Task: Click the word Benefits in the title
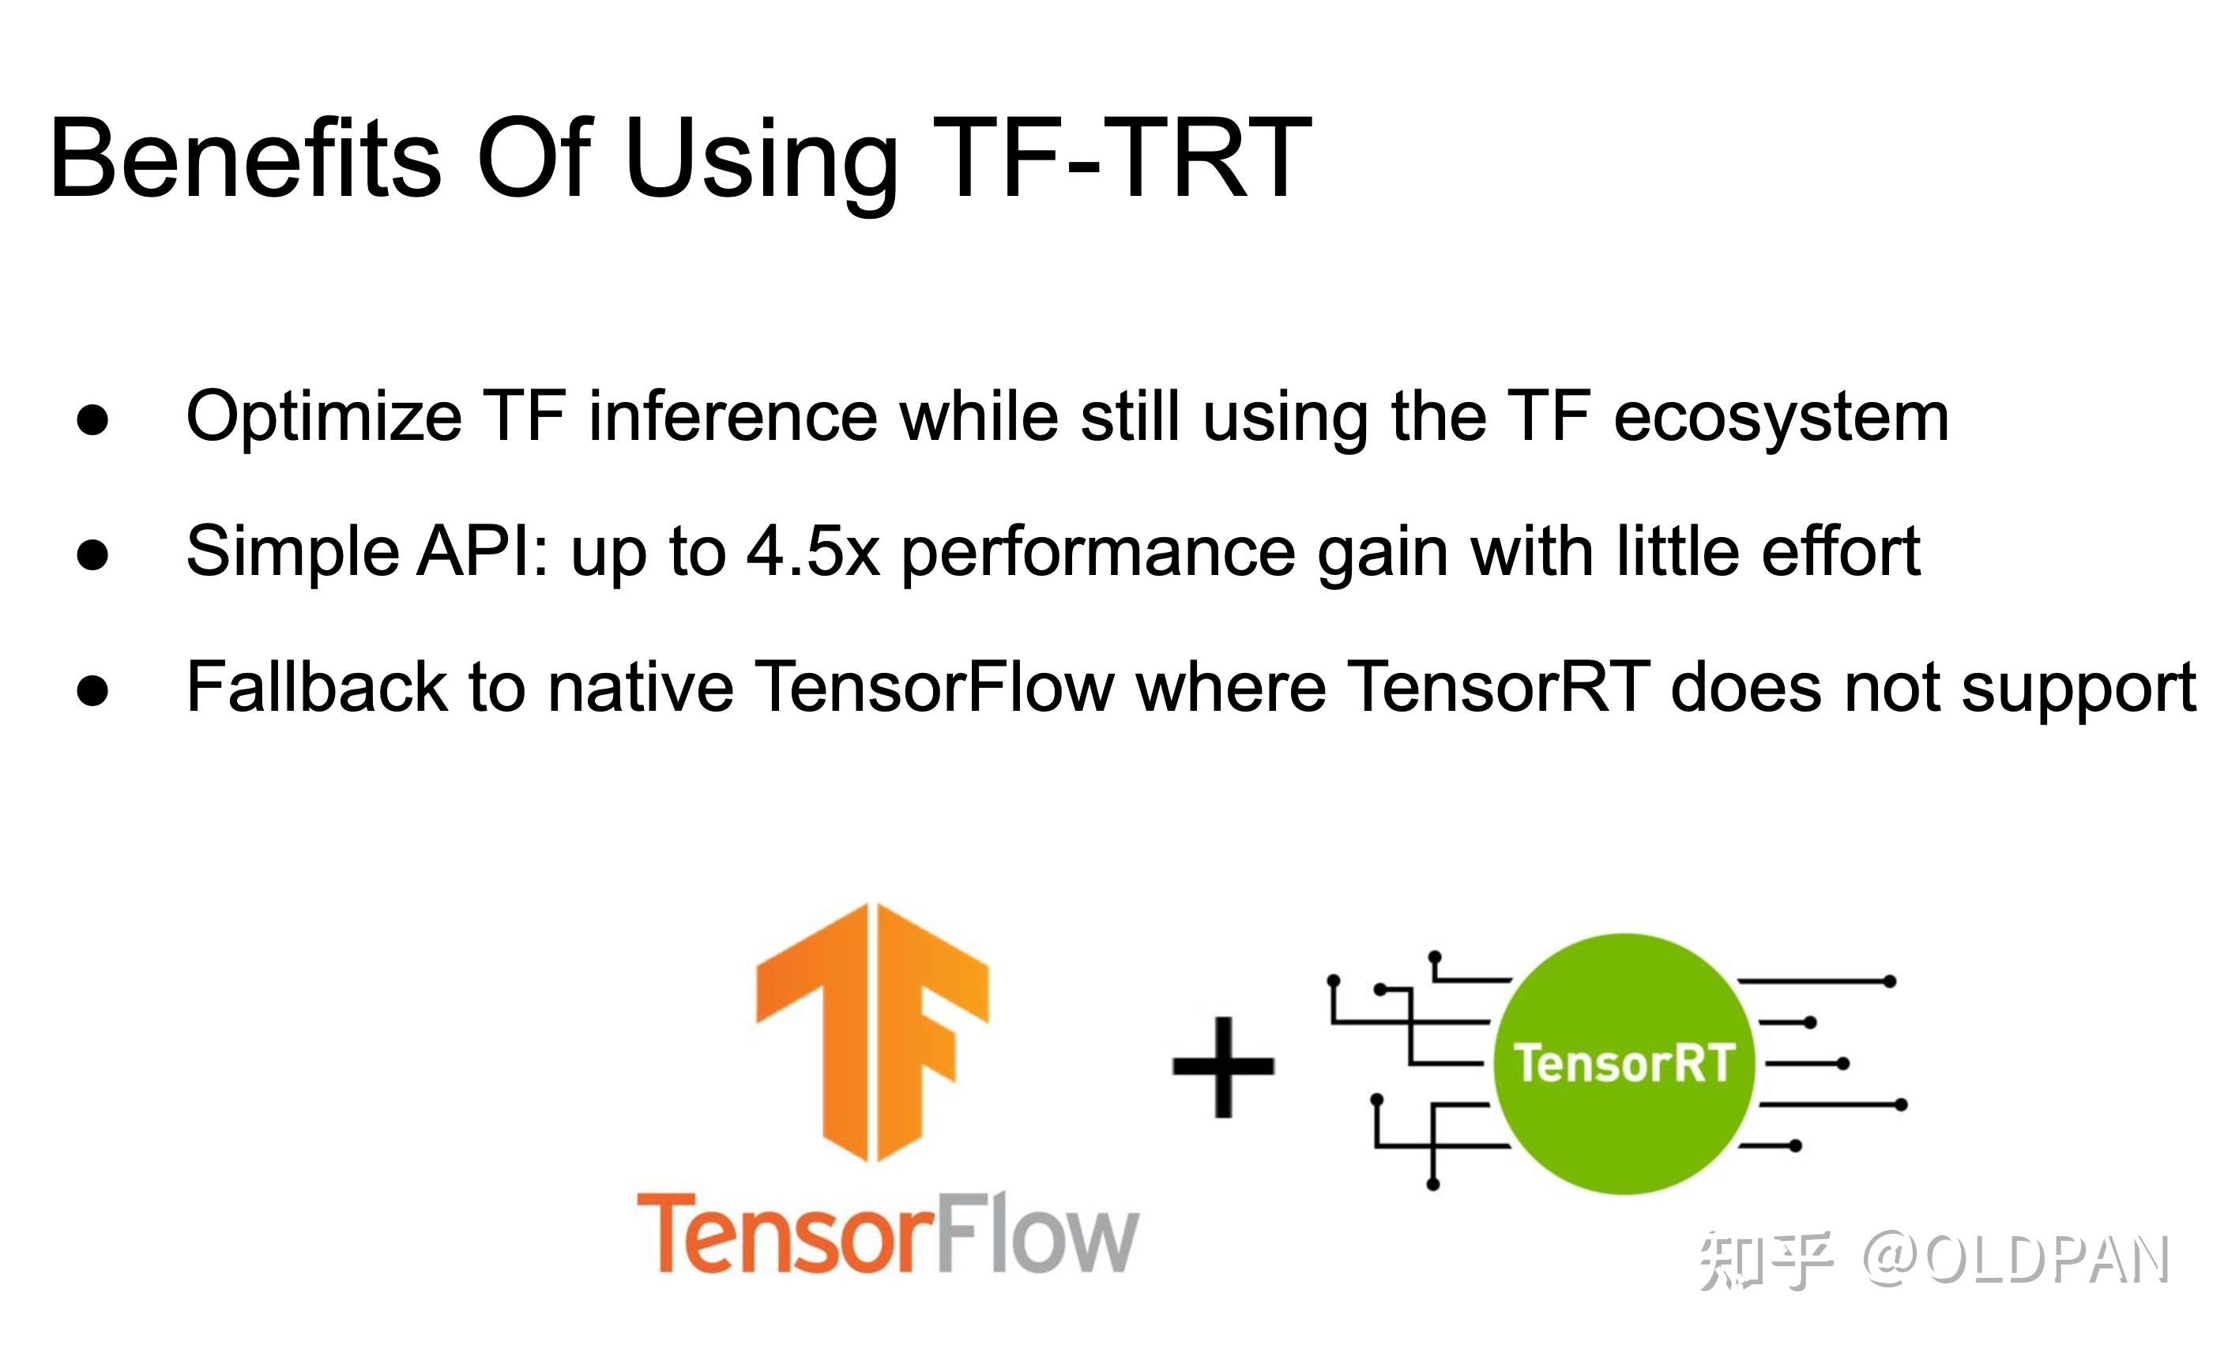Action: tap(246, 158)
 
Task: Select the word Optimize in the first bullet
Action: tap(324, 418)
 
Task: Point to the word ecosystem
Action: tap(1780, 418)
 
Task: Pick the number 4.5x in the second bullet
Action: tap(813, 551)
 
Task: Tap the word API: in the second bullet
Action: tap(483, 551)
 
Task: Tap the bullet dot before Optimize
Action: tap(93, 420)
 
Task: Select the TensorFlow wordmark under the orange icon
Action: tap(888, 1233)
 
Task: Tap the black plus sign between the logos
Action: tap(1223, 1067)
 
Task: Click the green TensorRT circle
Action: tap(1624, 1064)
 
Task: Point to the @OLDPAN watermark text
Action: tap(2015, 1260)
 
